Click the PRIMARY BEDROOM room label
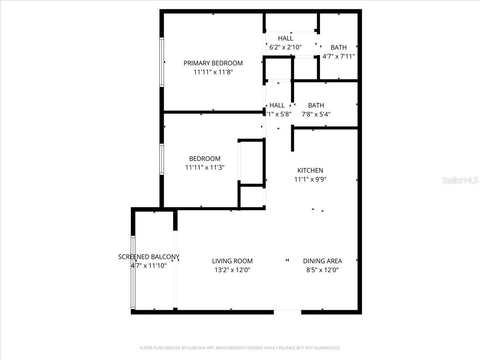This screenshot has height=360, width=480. coord(213,63)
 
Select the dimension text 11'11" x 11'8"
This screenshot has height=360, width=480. coord(213,72)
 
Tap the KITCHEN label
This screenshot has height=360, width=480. coord(310,170)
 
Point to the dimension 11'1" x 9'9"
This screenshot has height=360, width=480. coord(310,180)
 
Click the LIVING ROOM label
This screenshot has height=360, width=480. coord(232,261)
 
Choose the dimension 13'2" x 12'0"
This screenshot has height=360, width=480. coord(232,270)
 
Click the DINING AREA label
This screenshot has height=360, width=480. coord(322,261)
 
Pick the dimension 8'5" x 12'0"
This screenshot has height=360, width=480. coord(322,270)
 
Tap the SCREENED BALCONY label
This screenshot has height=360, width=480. coord(148,257)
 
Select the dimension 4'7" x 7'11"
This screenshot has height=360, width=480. coord(338,56)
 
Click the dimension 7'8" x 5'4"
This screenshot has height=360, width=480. coord(316,114)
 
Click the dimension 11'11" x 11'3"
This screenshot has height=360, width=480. coord(204,168)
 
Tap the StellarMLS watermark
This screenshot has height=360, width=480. coord(460,180)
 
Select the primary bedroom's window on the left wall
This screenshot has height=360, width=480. coord(162,62)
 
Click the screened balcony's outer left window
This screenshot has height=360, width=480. coord(133,272)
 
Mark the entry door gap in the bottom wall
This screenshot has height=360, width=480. coord(287,311)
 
